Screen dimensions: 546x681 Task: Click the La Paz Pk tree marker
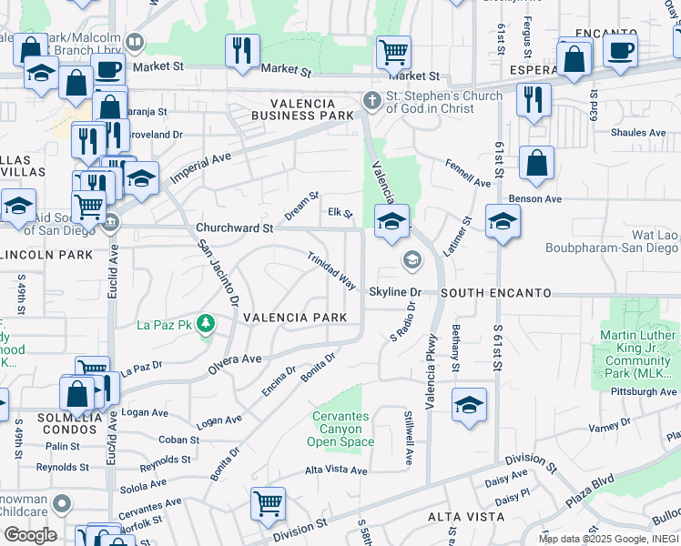click(207, 324)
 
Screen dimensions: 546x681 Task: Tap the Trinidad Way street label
click(330, 270)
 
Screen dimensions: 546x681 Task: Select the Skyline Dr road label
click(395, 292)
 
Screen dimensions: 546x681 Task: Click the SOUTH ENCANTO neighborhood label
click(496, 293)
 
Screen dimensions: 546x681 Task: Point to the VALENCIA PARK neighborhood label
click(294, 317)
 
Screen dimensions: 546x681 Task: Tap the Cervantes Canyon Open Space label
click(340, 429)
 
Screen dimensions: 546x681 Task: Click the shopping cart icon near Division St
click(268, 504)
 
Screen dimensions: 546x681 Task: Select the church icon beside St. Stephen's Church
click(371, 99)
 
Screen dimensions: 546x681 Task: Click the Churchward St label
click(235, 227)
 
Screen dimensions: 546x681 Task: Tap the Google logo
click(30, 535)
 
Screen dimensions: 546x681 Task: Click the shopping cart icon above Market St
click(393, 51)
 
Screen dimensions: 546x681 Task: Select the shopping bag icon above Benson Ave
click(537, 164)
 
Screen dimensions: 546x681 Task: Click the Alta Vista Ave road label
click(336, 470)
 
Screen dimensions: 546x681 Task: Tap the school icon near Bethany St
click(469, 404)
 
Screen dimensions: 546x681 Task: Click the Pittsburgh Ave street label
click(645, 391)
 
